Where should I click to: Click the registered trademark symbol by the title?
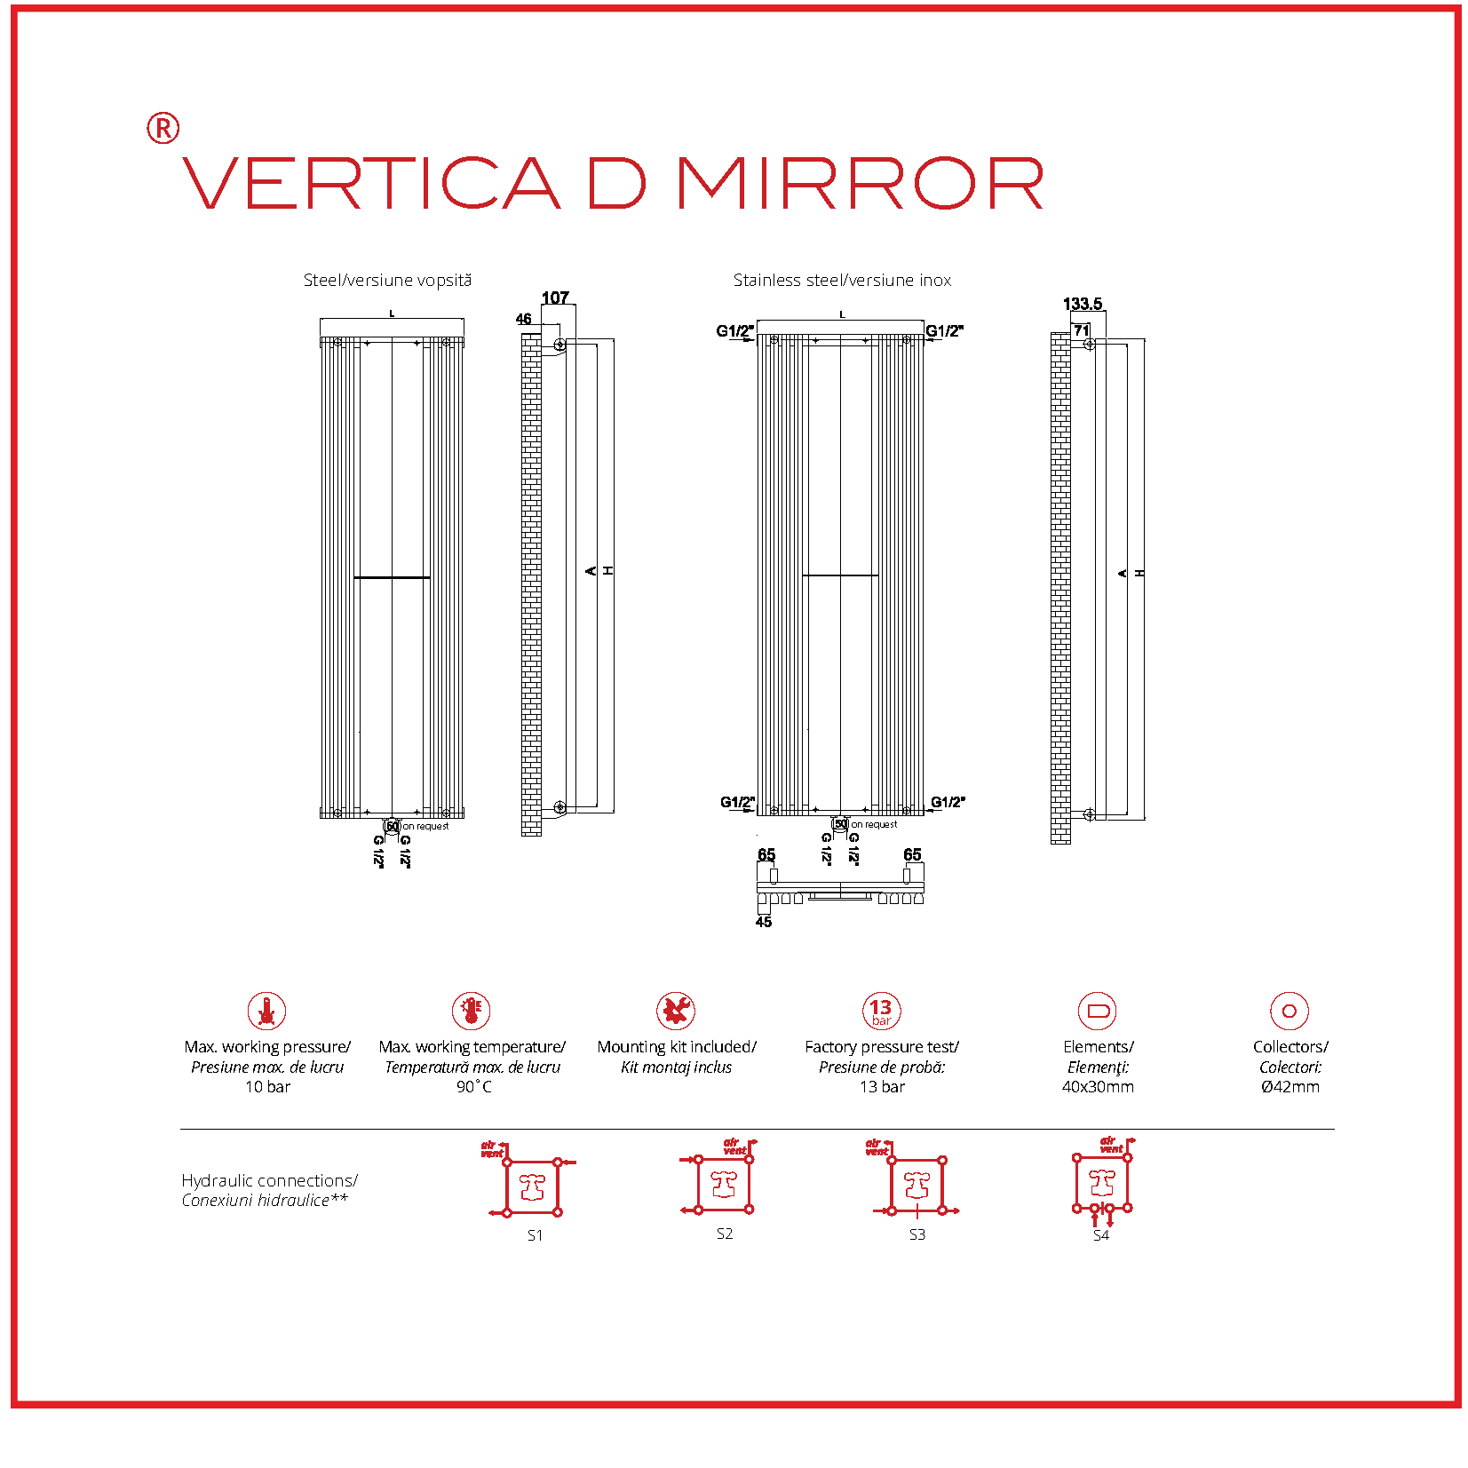click(x=163, y=129)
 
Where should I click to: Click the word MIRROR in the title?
click(x=860, y=184)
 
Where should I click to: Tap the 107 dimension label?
click(x=555, y=298)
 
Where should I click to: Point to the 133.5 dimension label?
click(x=1082, y=304)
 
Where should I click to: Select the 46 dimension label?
click(x=524, y=319)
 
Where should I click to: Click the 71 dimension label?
click(x=1081, y=330)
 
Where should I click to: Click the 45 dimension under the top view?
click(x=764, y=922)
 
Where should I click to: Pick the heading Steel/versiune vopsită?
click(x=387, y=281)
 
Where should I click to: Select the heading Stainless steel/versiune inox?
click(x=841, y=281)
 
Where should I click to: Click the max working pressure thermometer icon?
click(x=266, y=1011)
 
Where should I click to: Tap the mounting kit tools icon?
click(x=676, y=1011)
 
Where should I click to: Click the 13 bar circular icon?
click(x=881, y=1011)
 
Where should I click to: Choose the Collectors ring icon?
click(x=1289, y=1011)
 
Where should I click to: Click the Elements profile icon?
click(x=1098, y=1011)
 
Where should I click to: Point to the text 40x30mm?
click(x=1098, y=1087)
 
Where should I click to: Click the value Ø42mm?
click(x=1289, y=1087)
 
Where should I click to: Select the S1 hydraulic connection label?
click(x=535, y=1235)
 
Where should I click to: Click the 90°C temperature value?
click(x=473, y=1087)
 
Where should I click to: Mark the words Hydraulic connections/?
click(x=269, y=1180)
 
